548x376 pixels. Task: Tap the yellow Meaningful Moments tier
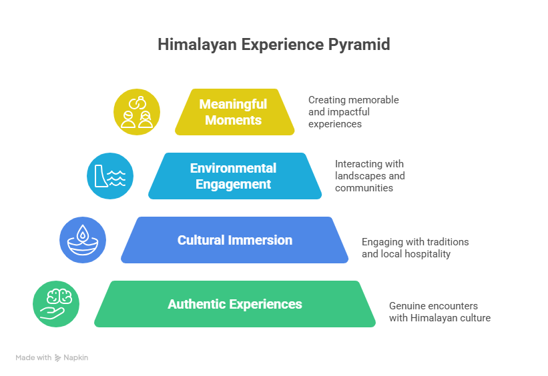234,112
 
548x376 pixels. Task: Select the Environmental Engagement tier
234,176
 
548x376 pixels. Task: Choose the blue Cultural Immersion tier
234,240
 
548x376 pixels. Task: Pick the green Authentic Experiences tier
234,304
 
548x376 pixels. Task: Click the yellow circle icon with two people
137,112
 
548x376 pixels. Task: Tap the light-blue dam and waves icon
110,176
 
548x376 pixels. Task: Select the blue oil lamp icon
83,240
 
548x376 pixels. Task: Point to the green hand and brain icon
56,304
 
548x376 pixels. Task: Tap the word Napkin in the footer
76,358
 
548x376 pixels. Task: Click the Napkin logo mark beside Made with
58,358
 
